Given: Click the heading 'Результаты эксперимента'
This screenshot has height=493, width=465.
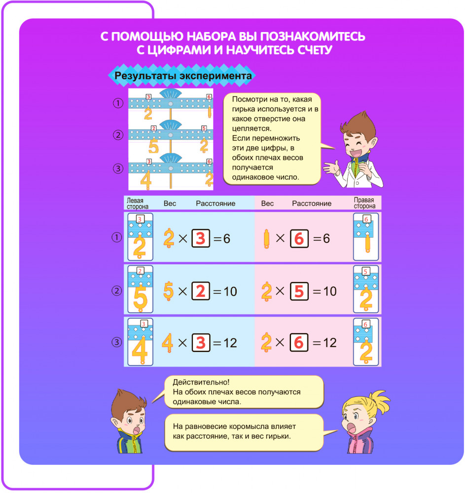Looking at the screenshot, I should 183,76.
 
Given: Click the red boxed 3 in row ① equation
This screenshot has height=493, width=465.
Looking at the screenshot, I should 200,238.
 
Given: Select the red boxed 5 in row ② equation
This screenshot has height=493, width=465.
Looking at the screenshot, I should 299,291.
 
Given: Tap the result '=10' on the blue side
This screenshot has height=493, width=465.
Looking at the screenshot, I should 225,291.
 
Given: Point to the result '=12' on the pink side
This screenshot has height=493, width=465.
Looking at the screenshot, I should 324,343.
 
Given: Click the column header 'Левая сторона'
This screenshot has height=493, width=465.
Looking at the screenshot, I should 138,204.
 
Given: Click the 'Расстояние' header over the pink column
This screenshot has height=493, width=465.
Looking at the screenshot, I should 312,204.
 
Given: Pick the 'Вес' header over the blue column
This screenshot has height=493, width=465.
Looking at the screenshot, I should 170,204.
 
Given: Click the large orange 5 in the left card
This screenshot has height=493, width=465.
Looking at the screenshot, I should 141,296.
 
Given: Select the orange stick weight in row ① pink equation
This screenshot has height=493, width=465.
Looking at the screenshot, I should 267,239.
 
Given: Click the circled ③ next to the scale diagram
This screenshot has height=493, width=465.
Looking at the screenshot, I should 117,169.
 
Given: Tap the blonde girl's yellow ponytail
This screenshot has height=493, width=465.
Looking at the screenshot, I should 379,397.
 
